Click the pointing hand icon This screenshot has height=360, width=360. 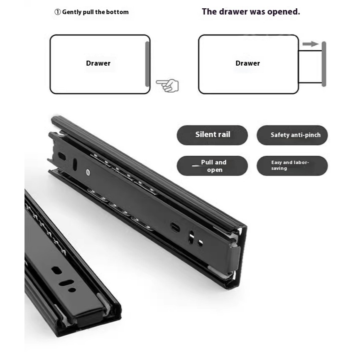click(x=167, y=86)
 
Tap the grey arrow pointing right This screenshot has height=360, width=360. click(x=311, y=44)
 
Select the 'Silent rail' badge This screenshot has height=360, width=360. click(x=212, y=135)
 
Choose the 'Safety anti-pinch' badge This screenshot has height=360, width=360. click(x=292, y=135)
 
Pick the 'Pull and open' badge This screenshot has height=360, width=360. click(x=212, y=166)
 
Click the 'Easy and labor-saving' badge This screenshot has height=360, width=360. click(x=292, y=166)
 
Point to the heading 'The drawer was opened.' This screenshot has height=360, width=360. click(x=251, y=12)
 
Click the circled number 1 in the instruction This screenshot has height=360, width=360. click(x=57, y=12)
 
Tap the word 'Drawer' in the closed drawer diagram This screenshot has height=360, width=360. click(x=98, y=63)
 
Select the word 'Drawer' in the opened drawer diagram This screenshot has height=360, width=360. click(x=248, y=63)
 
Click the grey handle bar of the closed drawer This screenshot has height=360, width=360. click(x=147, y=64)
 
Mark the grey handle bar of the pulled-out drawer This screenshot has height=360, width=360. click(x=324, y=64)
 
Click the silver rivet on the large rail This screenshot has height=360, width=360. click(x=88, y=172)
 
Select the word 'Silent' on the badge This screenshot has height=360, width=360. click(x=205, y=134)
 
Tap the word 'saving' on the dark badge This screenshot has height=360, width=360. click(x=279, y=168)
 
